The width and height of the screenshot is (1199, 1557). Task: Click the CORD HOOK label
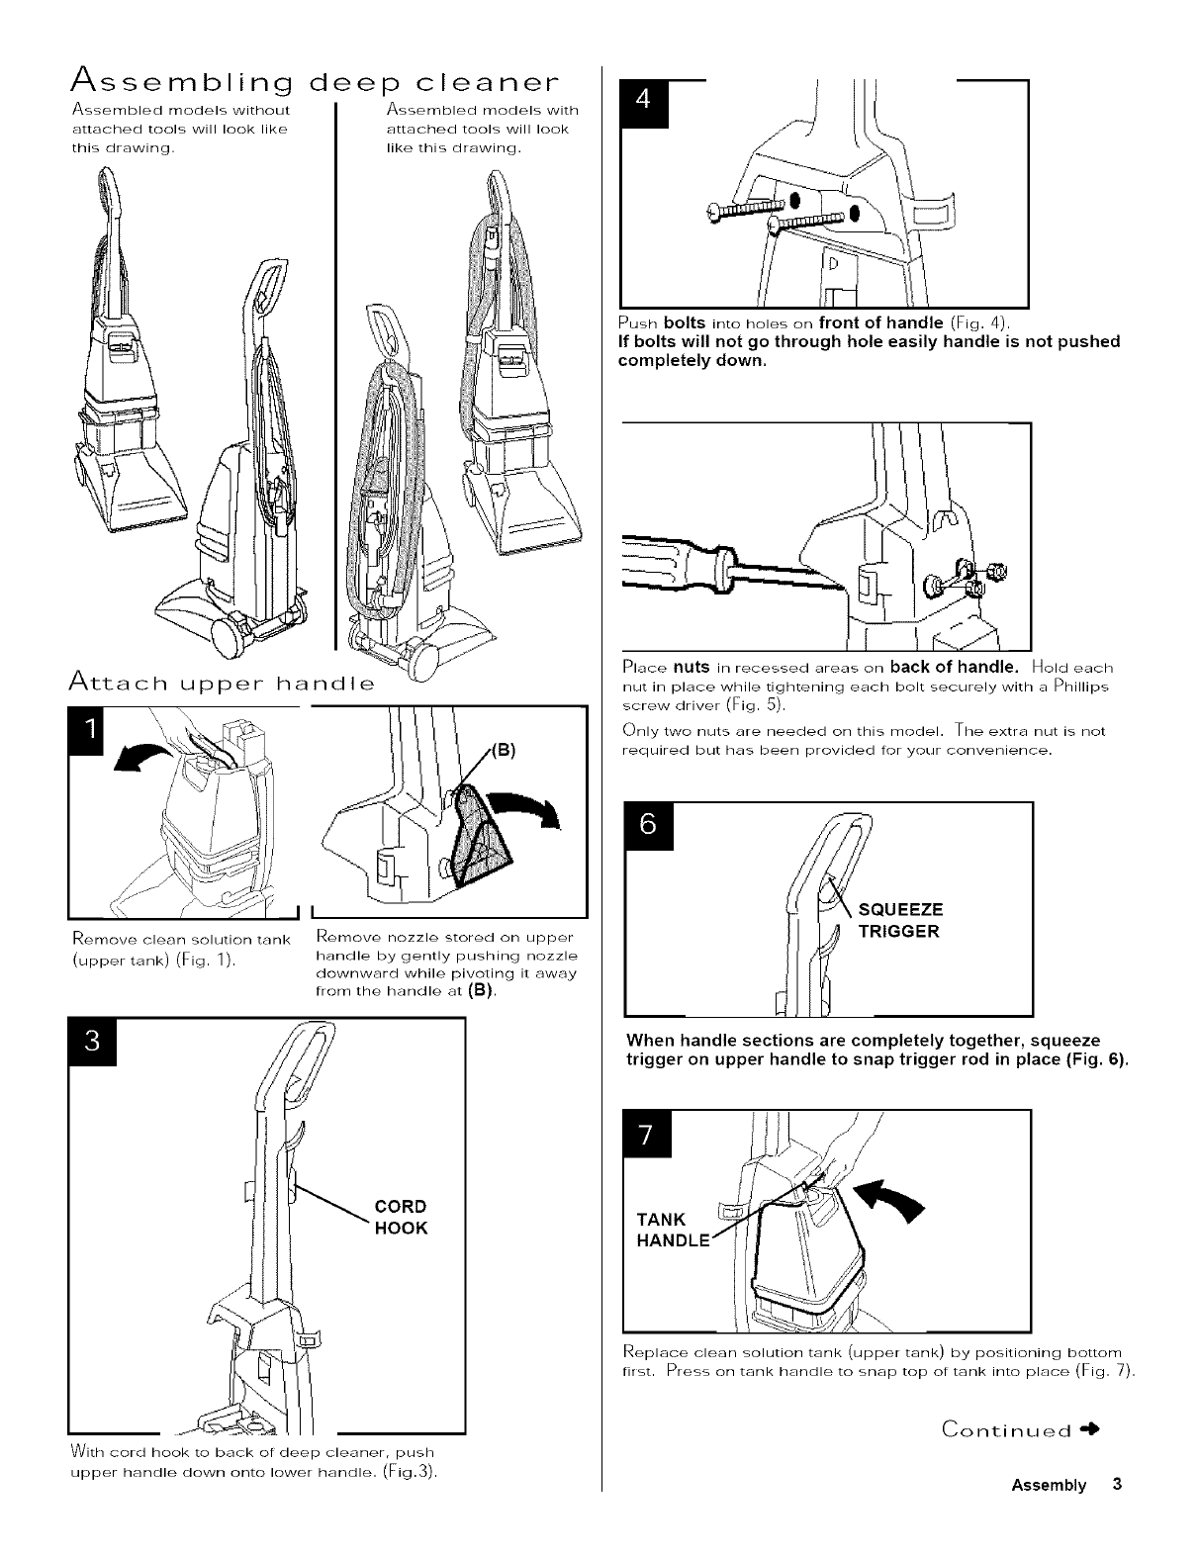(x=401, y=1218)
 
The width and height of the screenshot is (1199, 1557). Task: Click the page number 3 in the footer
(x=1116, y=1485)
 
